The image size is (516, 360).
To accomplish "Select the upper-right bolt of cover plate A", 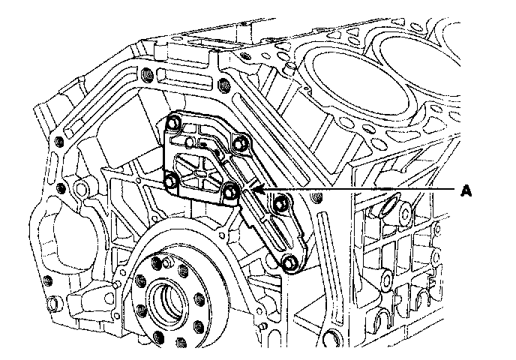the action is pyautogui.click(x=238, y=142).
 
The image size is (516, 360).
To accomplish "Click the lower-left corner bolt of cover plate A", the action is pyautogui.click(x=170, y=182).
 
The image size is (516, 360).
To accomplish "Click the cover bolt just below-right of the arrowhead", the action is pyautogui.click(x=281, y=202).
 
